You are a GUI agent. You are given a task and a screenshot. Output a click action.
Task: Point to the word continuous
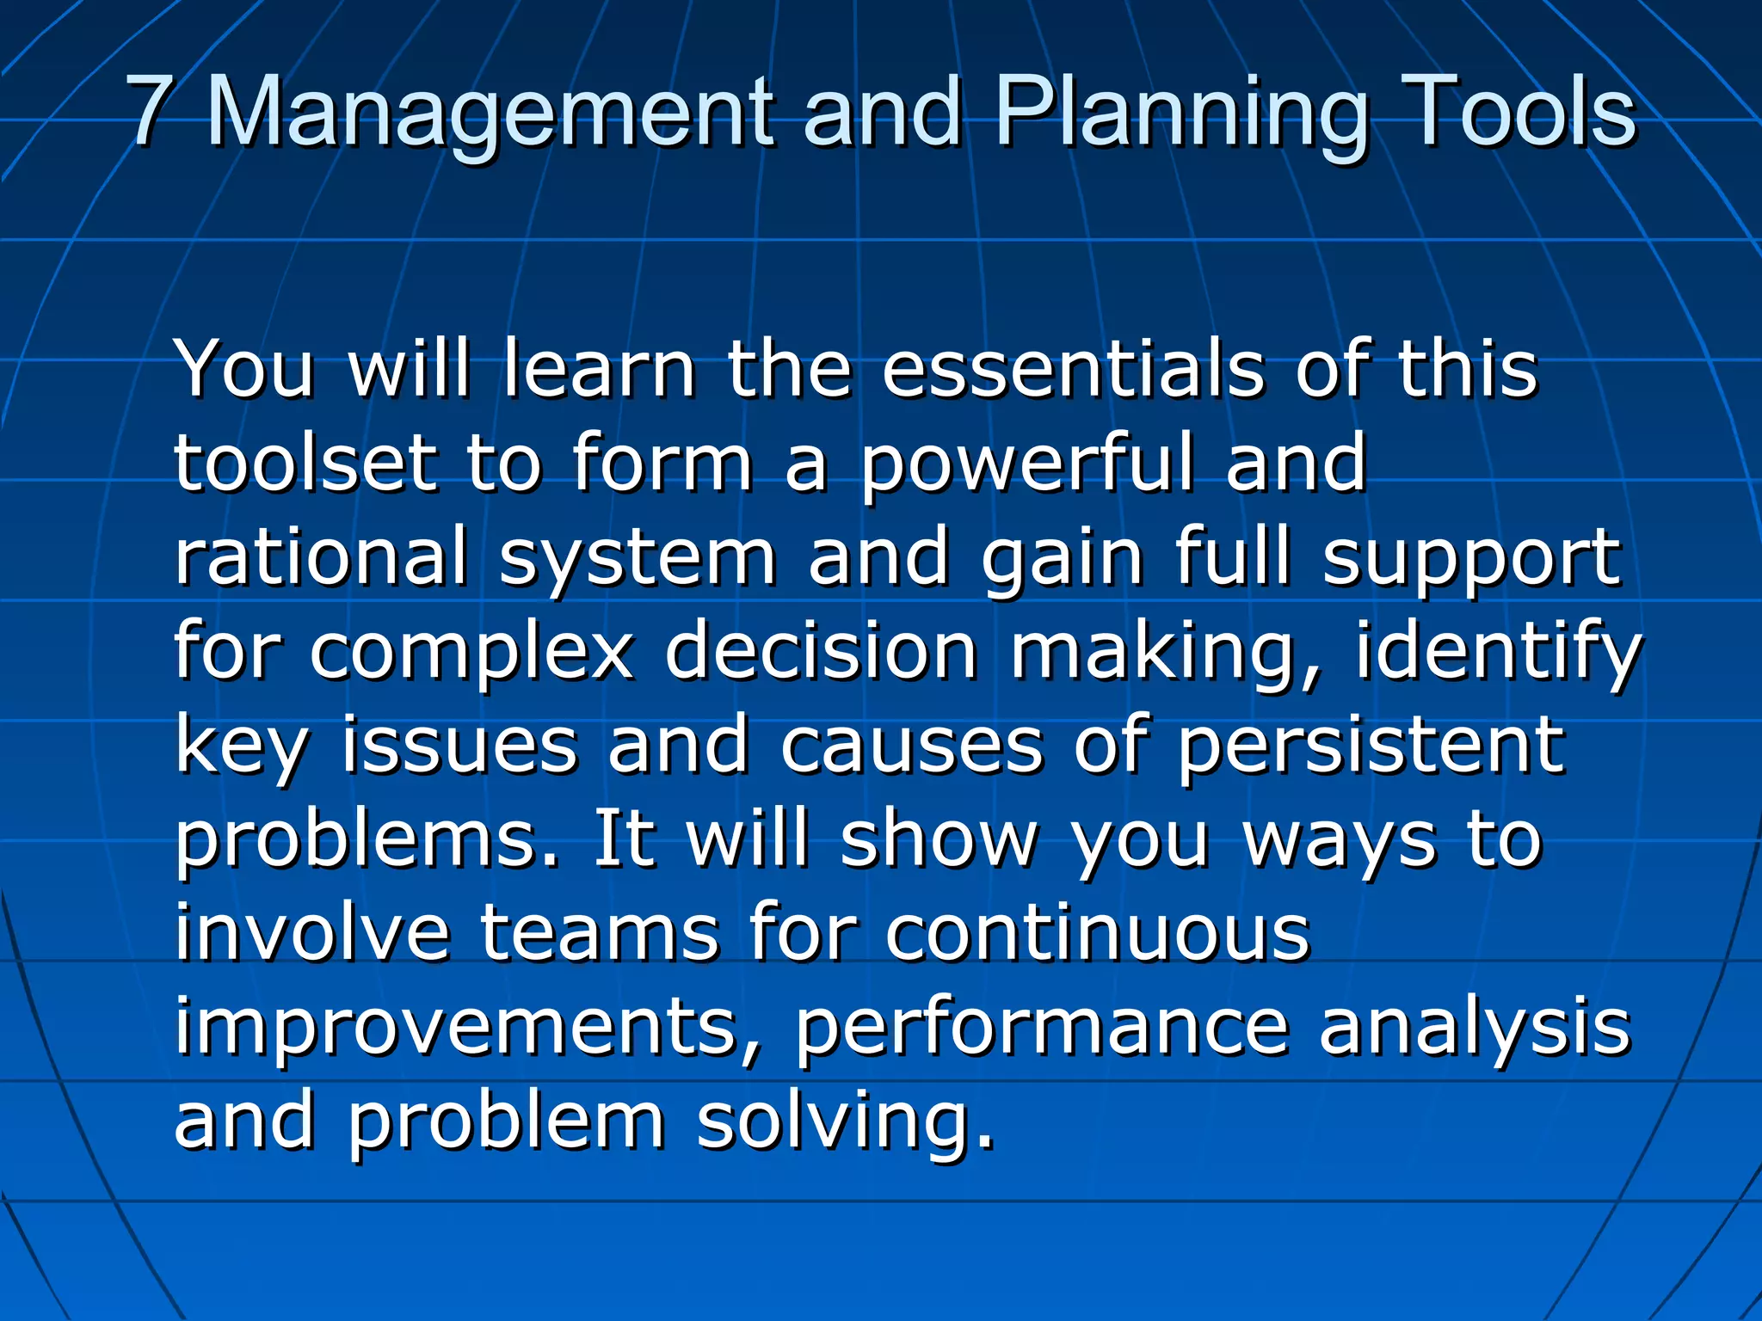pyautogui.click(x=1098, y=934)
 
